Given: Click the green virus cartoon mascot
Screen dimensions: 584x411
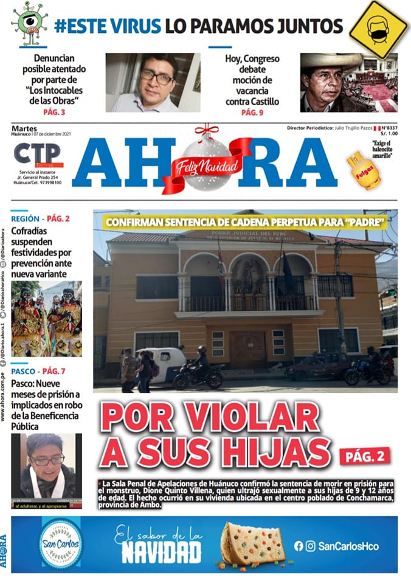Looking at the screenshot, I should click(29, 23).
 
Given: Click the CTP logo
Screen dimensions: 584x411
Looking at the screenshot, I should click(38, 155).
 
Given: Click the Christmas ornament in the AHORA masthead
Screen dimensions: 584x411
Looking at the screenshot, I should click(206, 162).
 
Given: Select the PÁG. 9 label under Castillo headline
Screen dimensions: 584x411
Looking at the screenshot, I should click(252, 113).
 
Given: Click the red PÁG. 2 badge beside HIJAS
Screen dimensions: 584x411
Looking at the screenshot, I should click(364, 455).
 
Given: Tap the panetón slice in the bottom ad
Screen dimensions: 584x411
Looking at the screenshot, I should click(252, 543).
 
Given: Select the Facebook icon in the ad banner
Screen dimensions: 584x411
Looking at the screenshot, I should click(299, 546).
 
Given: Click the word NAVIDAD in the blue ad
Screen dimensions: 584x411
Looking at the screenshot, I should click(161, 553).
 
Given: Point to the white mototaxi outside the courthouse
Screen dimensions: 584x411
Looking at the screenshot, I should click(162, 363).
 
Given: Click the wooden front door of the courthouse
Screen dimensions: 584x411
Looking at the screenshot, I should click(247, 351).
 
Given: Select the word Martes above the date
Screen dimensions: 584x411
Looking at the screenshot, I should click(22, 128).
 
